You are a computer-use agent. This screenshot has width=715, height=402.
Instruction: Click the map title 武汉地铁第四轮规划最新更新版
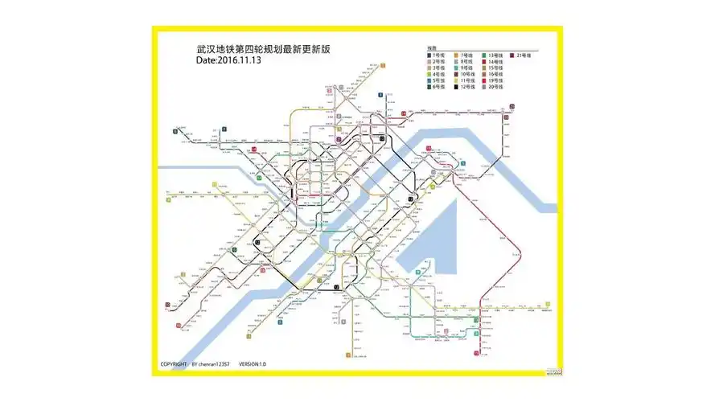[263, 49]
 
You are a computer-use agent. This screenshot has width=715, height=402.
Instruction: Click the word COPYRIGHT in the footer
[175, 364]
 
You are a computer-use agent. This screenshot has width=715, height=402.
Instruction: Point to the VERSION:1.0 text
[252, 364]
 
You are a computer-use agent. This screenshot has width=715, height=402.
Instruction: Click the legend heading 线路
[432, 48]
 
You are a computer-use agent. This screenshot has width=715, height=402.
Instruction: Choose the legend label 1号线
[439, 55]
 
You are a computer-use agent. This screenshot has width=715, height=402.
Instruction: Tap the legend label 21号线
[525, 55]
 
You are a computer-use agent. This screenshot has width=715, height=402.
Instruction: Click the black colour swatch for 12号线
[457, 87]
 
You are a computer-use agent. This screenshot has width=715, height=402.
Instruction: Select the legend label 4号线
[439, 74]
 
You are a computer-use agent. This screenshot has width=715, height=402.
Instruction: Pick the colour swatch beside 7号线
[457, 55]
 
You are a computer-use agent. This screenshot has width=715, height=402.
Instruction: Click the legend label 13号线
[495, 55]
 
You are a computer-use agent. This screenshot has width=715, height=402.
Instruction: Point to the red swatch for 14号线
[484, 61]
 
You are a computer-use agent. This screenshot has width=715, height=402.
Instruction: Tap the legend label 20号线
[495, 87]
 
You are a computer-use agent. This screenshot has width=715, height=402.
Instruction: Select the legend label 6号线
[439, 87]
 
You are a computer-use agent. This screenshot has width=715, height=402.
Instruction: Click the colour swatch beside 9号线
[457, 68]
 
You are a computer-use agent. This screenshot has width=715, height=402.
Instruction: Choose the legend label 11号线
[466, 80]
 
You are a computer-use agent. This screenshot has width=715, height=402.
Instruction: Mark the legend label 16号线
[495, 74]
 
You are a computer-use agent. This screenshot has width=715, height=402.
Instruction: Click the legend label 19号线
[495, 80]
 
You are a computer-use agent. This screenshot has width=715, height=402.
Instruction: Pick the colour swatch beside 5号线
[429, 80]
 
